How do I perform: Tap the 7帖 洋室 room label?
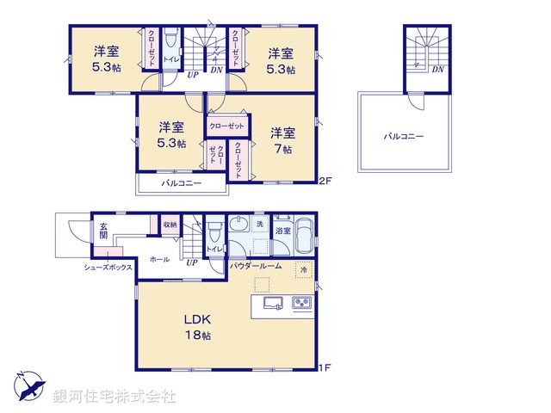pos(283,140)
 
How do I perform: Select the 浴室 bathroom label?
pos(282,231)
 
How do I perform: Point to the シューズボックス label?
pos(108,268)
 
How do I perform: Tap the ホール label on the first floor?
pos(159,258)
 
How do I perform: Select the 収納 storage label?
pos(169,225)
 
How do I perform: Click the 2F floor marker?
pos(325,181)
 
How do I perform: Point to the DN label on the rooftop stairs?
pos(437,70)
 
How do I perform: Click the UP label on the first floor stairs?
pos(191,262)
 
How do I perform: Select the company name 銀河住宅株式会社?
pos(115,397)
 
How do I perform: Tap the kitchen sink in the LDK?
pos(273,303)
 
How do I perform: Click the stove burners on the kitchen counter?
pos(302,303)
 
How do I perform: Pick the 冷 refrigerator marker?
pos(304,270)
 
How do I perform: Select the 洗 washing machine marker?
pos(259,225)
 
